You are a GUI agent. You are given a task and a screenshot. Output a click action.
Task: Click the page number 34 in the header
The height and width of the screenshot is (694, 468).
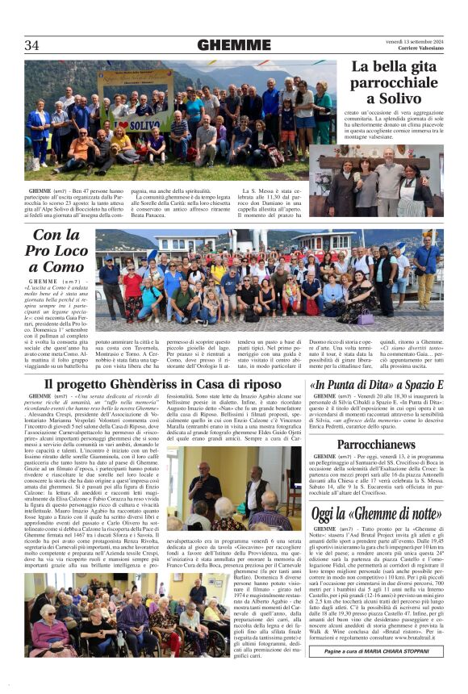tap(31, 45)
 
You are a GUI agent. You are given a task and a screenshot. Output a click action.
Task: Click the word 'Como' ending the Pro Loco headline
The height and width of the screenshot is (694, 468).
tap(63, 267)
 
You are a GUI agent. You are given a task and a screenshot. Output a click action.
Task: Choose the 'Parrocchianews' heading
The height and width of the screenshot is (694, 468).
tap(377, 445)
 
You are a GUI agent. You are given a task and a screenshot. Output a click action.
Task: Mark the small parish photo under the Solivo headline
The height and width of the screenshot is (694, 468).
tap(379, 169)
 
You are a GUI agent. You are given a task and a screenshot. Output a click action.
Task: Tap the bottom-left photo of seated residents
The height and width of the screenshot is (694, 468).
tap(92, 615)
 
